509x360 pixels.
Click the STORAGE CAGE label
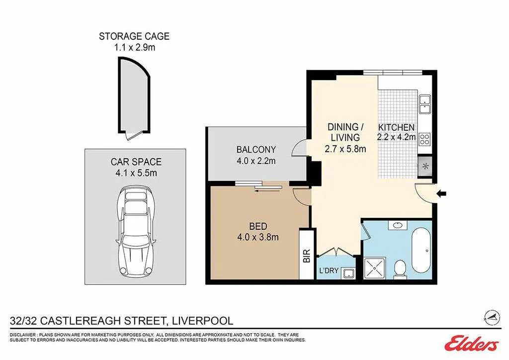(134, 36)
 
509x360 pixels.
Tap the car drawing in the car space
(136, 232)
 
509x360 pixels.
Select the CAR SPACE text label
(136, 162)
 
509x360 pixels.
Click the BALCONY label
(256, 150)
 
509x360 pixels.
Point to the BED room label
(258, 226)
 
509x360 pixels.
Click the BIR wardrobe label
(307, 256)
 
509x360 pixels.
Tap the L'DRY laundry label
(329, 270)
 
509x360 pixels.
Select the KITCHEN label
(396, 127)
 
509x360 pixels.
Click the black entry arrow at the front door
(441, 194)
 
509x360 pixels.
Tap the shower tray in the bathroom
(375, 268)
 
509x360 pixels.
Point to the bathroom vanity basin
(397, 225)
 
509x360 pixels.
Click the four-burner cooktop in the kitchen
(424, 139)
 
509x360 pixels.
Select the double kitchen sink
(424, 104)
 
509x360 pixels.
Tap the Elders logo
(472, 343)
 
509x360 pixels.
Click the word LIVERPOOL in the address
(203, 321)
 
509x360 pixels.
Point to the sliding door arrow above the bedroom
(267, 191)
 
